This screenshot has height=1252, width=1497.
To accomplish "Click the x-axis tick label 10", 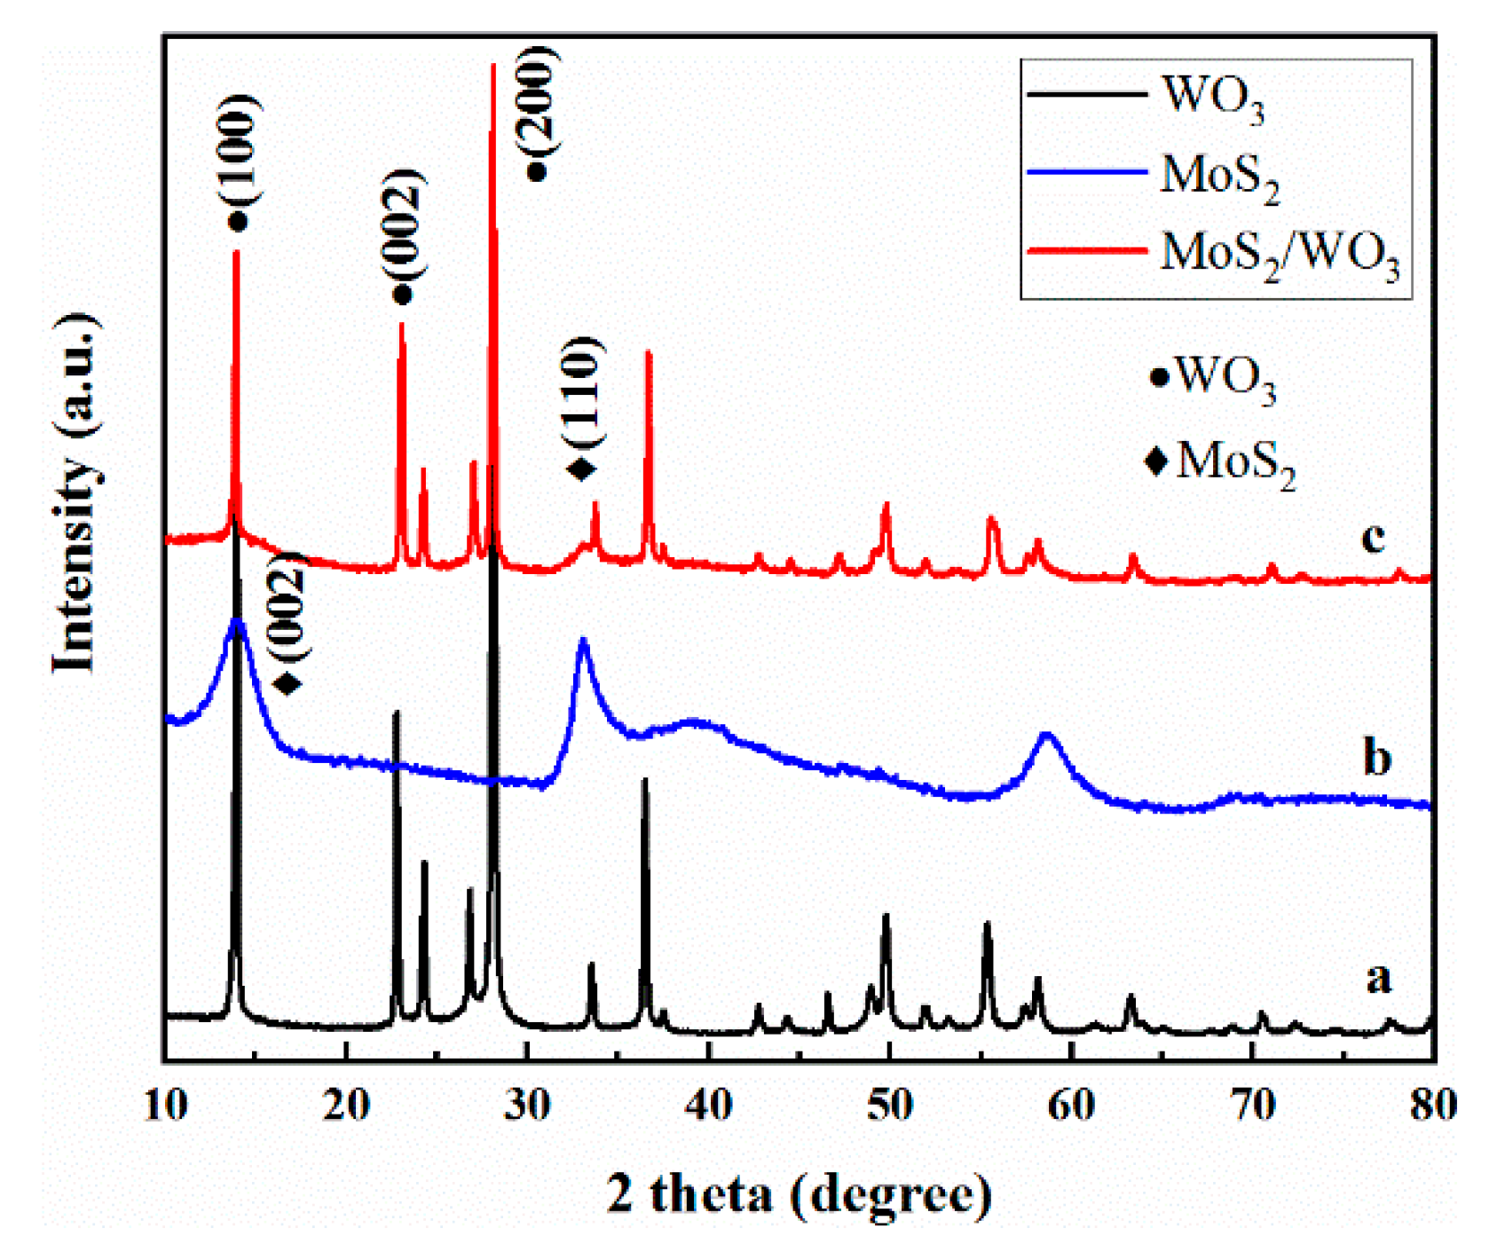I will click(165, 1105).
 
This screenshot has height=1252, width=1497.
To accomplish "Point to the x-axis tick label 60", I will click(1071, 1105).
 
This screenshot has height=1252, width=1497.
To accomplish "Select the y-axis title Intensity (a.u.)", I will click(75, 492).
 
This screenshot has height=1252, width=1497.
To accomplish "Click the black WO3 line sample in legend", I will click(1085, 93).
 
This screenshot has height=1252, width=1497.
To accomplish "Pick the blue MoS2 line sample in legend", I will click(1085, 171).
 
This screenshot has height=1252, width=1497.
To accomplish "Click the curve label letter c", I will click(1372, 536).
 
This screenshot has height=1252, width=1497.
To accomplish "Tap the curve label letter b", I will click(1376, 757).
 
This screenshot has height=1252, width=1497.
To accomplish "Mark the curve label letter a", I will click(1377, 978).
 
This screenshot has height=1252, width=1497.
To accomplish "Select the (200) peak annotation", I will click(537, 102).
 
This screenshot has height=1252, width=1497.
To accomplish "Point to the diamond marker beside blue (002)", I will click(288, 683).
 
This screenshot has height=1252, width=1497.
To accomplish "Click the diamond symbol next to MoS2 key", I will click(1156, 461).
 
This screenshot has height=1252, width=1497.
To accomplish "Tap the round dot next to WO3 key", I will click(1158, 377).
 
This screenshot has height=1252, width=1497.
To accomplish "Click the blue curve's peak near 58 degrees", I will click(1048, 735).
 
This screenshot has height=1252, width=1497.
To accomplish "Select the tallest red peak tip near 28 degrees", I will click(493, 67).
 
